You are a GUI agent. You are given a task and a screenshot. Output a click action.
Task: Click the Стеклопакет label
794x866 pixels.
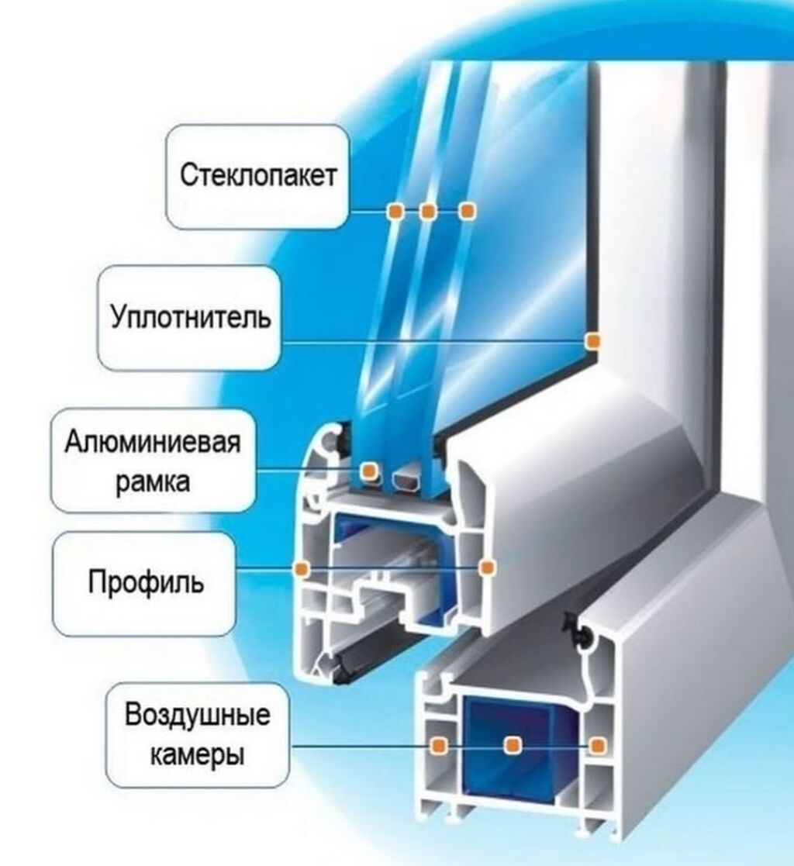click(258, 176)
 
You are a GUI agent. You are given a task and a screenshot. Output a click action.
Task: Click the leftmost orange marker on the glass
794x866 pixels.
click(395, 211)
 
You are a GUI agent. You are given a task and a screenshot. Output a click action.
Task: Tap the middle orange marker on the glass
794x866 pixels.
click(427, 211)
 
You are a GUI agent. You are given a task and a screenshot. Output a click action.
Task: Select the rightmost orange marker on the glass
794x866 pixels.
click(465, 211)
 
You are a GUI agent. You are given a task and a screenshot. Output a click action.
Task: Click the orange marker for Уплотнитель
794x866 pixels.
click(593, 341)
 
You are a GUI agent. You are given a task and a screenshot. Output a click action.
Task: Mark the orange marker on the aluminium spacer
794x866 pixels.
click(369, 470)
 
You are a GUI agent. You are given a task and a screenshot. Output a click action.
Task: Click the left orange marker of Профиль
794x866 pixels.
click(302, 569)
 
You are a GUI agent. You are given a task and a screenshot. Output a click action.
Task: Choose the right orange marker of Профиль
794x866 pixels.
click(486, 568)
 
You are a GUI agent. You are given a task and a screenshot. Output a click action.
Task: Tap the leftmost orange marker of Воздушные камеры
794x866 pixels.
click(439, 745)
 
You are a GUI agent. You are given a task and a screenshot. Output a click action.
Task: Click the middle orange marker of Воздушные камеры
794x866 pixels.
click(513, 745)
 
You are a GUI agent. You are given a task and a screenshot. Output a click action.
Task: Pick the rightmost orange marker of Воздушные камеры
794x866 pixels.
click(596, 745)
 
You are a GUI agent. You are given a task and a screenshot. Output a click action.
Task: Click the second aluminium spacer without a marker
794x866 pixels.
click(406, 480)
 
